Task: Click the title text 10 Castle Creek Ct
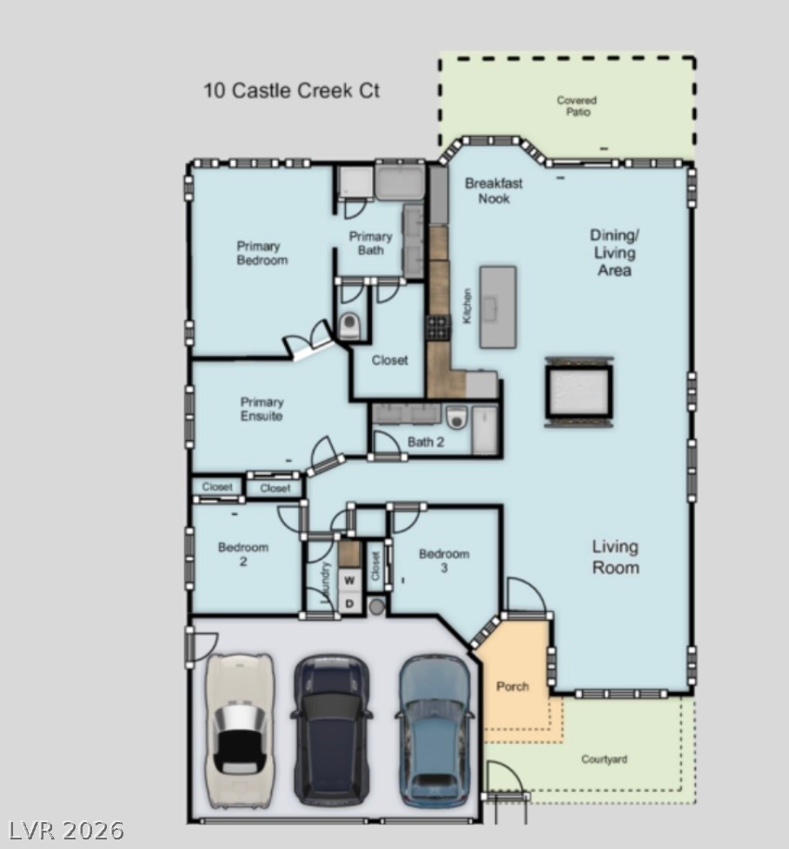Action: pyautogui.click(x=291, y=90)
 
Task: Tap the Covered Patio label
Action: pyautogui.click(x=577, y=106)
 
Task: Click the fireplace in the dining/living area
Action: pyautogui.click(x=579, y=391)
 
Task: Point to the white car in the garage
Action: pyautogui.click(x=239, y=729)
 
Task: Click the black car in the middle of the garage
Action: pyautogui.click(x=331, y=729)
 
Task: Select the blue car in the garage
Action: pyautogui.click(x=434, y=729)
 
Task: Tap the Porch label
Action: pyautogui.click(x=513, y=687)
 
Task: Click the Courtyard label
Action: pyautogui.click(x=604, y=760)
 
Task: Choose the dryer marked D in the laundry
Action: pyautogui.click(x=350, y=602)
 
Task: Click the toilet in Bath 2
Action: pyautogui.click(x=457, y=418)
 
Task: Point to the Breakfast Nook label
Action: pyautogui.click(x=494, y=190)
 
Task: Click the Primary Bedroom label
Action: pyautogui.click(x=262, y=253)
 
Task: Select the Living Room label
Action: pyautogui.click(x=615, y=557)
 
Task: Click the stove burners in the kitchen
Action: pyautogui.click(x=437, y=327)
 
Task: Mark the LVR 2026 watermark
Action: pyautogui.click(x=63, y=831)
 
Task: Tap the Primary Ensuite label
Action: pyautogui.click(x=262, y=409)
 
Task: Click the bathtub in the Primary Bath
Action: pyautogui.click(x=400, y=182)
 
